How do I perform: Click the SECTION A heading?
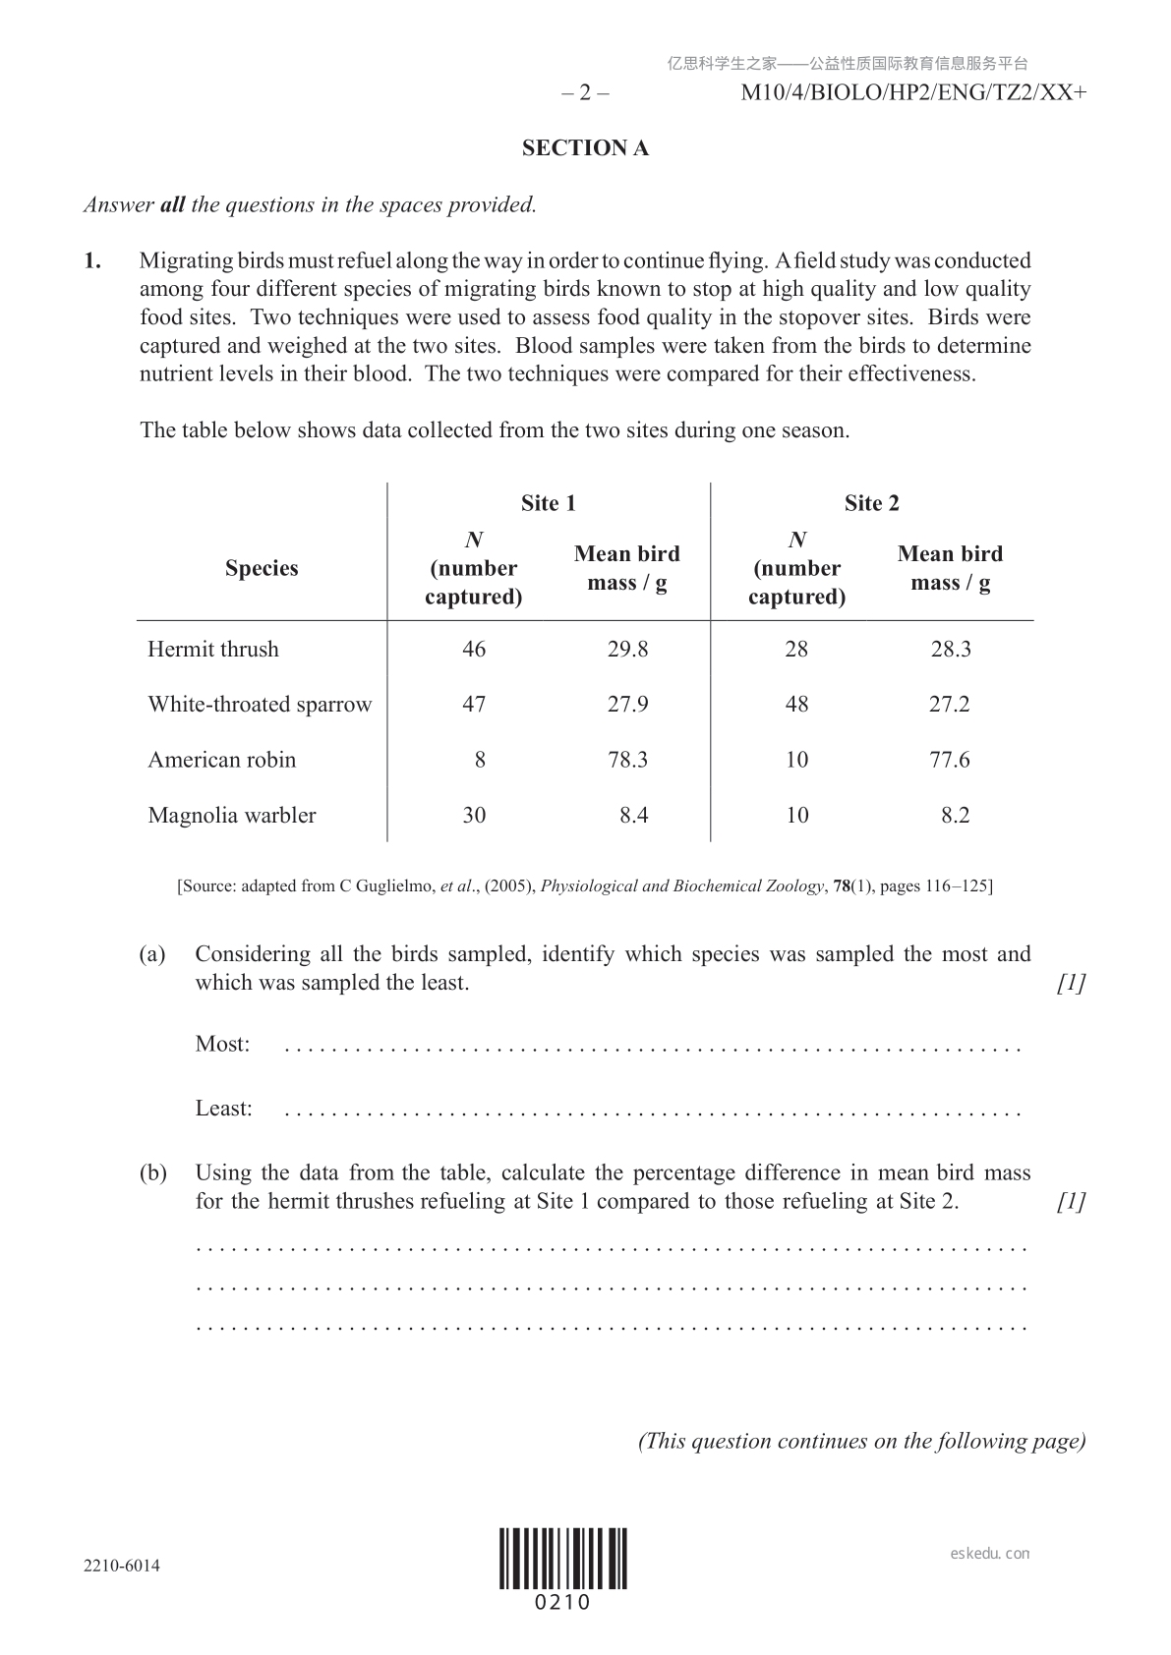[x=585, y=148]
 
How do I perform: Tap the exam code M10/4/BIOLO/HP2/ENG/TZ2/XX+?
[x=913, y=93]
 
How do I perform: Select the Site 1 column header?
[x=548, y=503]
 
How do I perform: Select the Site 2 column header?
[x=871, y=503]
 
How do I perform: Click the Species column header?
[x=262, y=568]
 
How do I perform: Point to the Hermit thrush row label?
[x=213, y=649]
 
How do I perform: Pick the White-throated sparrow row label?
[x=260, y=705]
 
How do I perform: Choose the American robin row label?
[x=221, y=760]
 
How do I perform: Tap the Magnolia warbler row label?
[x=232, y=815]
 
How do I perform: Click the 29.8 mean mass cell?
[x=627, y=649]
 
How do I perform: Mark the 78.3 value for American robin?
[x=627, y=760]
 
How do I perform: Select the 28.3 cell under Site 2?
[x=951, y=649]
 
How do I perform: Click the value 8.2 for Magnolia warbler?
[x=955, y=815]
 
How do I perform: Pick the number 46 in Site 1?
[x=474, y=649]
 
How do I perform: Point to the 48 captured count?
[x=796, y=705]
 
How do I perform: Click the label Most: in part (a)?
[x=222, y=1044]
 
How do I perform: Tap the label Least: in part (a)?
[x=223, y=1109]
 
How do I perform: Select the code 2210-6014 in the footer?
[x=122, y=1566]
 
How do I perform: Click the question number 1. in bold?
[x=92, y=261]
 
